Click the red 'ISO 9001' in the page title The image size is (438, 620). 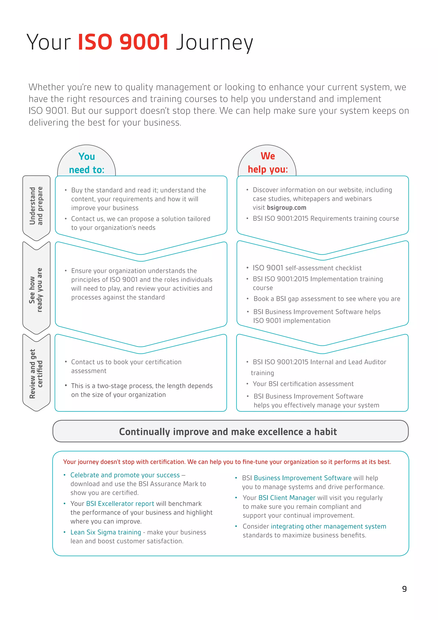(123, 42)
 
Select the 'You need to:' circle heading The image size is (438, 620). (87, 163)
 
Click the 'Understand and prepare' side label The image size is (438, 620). (36, 206)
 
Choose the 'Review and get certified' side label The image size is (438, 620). (36, 374)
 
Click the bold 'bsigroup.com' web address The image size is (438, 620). (286, 208)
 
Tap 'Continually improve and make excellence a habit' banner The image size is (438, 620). (228, 432)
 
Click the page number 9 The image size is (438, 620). (404, 589)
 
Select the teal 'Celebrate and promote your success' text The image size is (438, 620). (125, 475)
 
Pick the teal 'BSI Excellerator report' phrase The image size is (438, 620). (120, 504)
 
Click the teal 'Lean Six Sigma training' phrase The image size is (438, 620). (106, 532)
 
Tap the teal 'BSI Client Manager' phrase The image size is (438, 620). (287, 498)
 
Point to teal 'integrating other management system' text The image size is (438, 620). (328, 526)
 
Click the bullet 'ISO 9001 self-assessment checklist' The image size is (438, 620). (307, 268)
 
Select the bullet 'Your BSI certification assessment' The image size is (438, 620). (303, 384)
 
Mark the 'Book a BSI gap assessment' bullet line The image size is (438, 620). (327, 299)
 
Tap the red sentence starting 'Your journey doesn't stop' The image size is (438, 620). (227, 462)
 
